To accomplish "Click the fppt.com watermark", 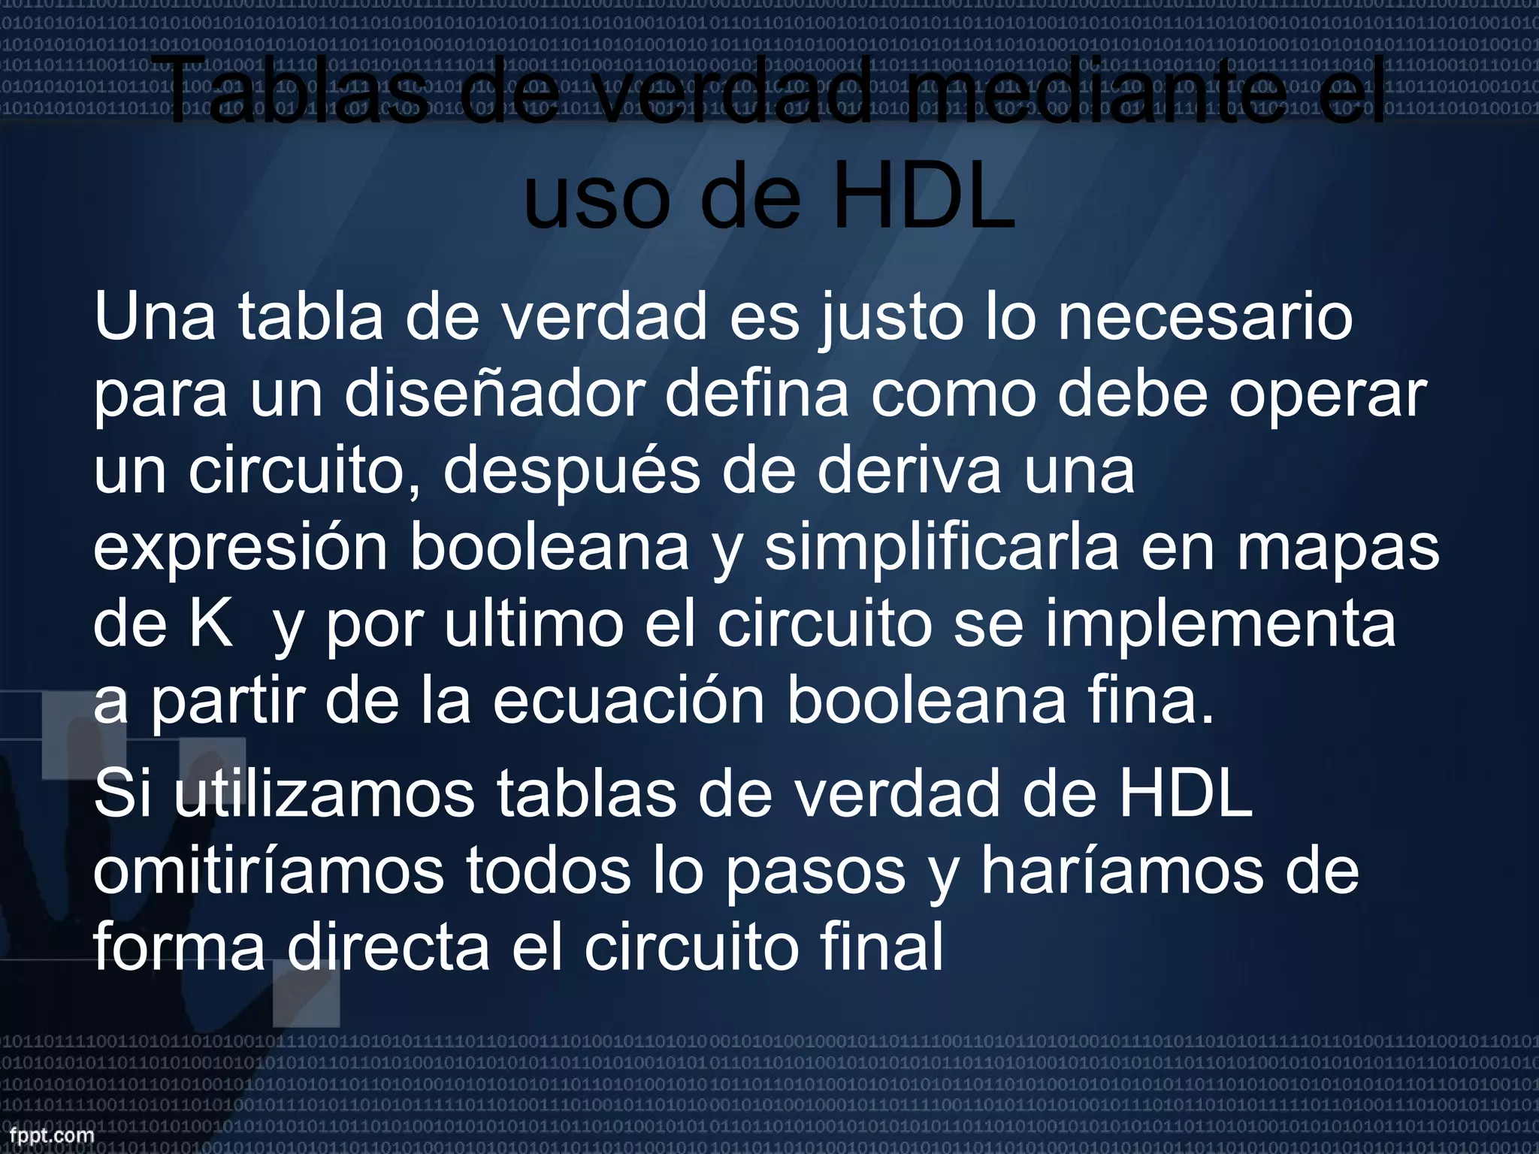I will click(47, 1134).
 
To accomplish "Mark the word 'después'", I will click(571, 473).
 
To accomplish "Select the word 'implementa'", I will click(1220, 625).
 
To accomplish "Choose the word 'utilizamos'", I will click(325, 795).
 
